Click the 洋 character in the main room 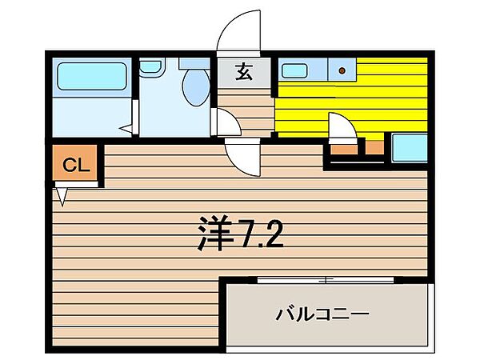(x=212, y=234)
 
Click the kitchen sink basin (x=295, y=70)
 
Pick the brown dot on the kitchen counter (x=342, y=70)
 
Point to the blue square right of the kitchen (x=408, y=149)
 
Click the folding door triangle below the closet (x=62, y=194)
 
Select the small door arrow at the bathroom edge (x=126, y=126)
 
